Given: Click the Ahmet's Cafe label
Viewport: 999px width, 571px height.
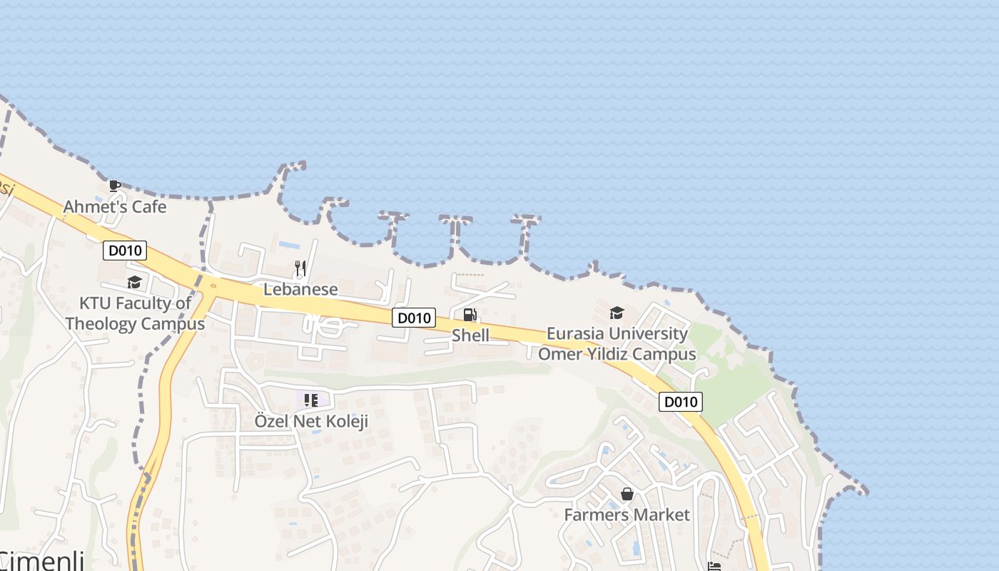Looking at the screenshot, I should [x=114, y=207].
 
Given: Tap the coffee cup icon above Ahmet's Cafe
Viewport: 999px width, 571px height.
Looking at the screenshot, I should [x=114, y=186].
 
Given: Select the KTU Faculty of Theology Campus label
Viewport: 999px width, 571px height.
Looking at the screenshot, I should [x=135, y=313].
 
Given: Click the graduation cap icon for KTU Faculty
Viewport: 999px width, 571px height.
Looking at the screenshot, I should [x=134, y=283].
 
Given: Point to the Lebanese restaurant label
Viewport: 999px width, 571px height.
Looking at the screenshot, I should [x=300, y=289].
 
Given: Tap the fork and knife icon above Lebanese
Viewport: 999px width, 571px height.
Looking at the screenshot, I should [x=300, y=268].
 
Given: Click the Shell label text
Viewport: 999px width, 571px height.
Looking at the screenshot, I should [x=470, y=335].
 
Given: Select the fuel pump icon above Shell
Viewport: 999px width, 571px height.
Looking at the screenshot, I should [x=470, y=315].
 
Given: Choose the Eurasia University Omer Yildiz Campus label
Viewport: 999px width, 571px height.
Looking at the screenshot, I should [x=617, y=343].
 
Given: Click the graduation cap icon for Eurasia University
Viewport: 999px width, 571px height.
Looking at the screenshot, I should [x=617, y=313].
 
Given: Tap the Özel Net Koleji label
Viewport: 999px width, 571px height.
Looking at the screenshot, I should [x=311, y=421].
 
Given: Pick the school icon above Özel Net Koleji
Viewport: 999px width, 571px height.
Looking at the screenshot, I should [x=311, y=400].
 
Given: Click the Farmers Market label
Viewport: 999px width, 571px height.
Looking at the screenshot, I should [x=627, y=515].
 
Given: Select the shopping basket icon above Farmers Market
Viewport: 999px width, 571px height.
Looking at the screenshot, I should [x=627, y=494].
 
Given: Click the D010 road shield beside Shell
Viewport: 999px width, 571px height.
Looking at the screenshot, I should [x=414, y=318].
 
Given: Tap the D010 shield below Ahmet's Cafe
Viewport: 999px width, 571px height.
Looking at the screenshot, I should [x=125, y=251].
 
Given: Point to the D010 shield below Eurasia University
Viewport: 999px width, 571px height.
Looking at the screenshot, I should [x=680, y=402].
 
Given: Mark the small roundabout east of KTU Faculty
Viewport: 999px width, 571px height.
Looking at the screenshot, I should [x=213, y=286].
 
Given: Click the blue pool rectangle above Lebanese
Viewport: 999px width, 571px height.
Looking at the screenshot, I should [x=289, y=245].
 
